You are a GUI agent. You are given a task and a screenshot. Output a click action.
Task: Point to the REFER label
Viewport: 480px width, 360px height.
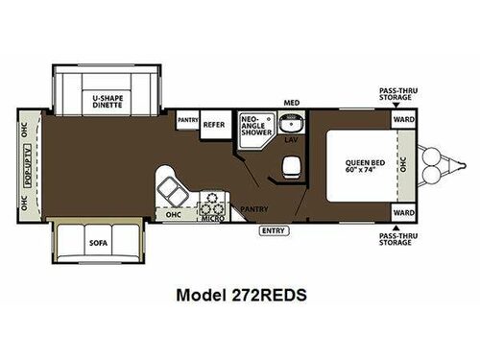[x=213, y=124]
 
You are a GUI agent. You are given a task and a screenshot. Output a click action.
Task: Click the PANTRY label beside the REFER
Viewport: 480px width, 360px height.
[x=187, y=120]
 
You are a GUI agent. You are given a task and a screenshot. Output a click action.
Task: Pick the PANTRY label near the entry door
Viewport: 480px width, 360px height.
[x=253, y=207]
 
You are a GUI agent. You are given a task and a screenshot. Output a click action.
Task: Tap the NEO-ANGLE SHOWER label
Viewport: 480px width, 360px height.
[x=254, y=126]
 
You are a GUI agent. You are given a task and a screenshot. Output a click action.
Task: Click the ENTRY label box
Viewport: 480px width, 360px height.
[x=272, y=230]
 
